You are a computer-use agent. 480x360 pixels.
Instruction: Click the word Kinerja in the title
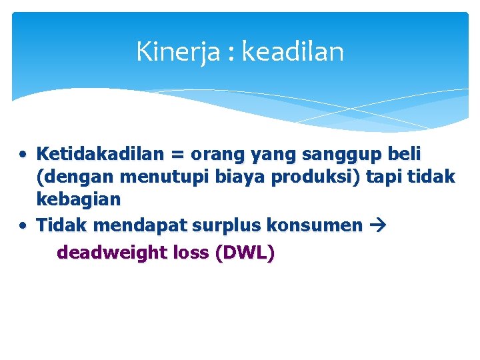[x=177, y=52]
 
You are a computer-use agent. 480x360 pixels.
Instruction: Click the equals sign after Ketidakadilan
[x=177, y=155]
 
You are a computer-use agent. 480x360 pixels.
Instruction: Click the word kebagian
[x=79, y=199]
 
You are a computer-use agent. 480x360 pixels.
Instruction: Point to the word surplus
[x=226, y=225]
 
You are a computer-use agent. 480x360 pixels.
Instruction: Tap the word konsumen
[x=314, y=225]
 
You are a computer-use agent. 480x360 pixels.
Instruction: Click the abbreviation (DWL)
[x=245, y=253]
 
